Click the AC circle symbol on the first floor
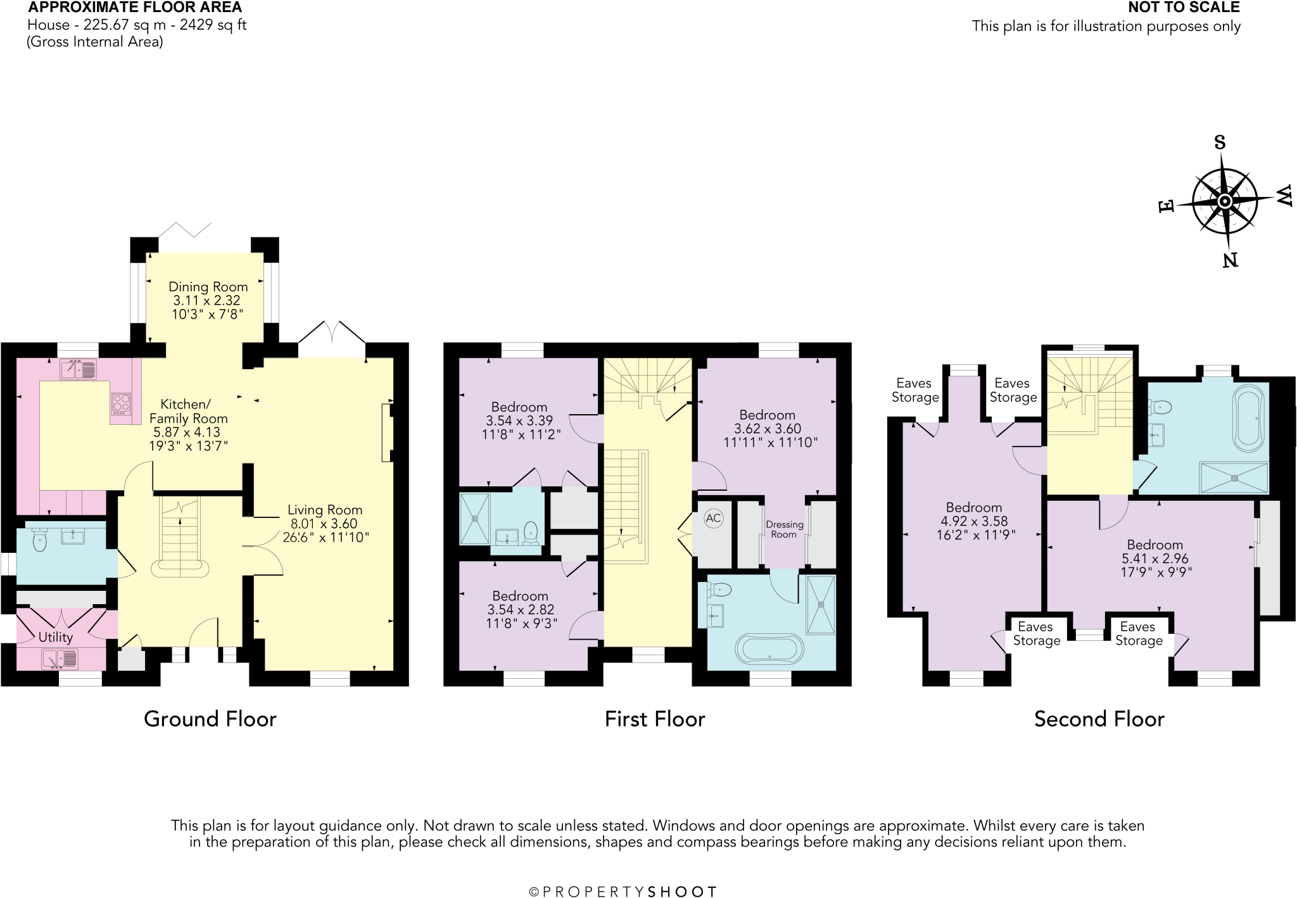713,518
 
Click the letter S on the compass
1220,142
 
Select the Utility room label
56,637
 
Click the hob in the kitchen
122,403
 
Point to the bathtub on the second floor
1248,418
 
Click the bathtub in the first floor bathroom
769,650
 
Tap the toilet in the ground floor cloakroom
39,540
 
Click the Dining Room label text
208,287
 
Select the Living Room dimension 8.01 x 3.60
324,524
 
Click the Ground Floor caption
210,719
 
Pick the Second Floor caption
1099,719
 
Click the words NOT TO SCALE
1184,8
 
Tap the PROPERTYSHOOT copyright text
623,892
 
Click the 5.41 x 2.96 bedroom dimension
1155,559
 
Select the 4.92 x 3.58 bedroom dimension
974,521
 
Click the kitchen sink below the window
79,369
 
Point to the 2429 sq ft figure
213,25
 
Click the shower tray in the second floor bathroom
1234,477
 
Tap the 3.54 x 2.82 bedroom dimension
521,609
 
